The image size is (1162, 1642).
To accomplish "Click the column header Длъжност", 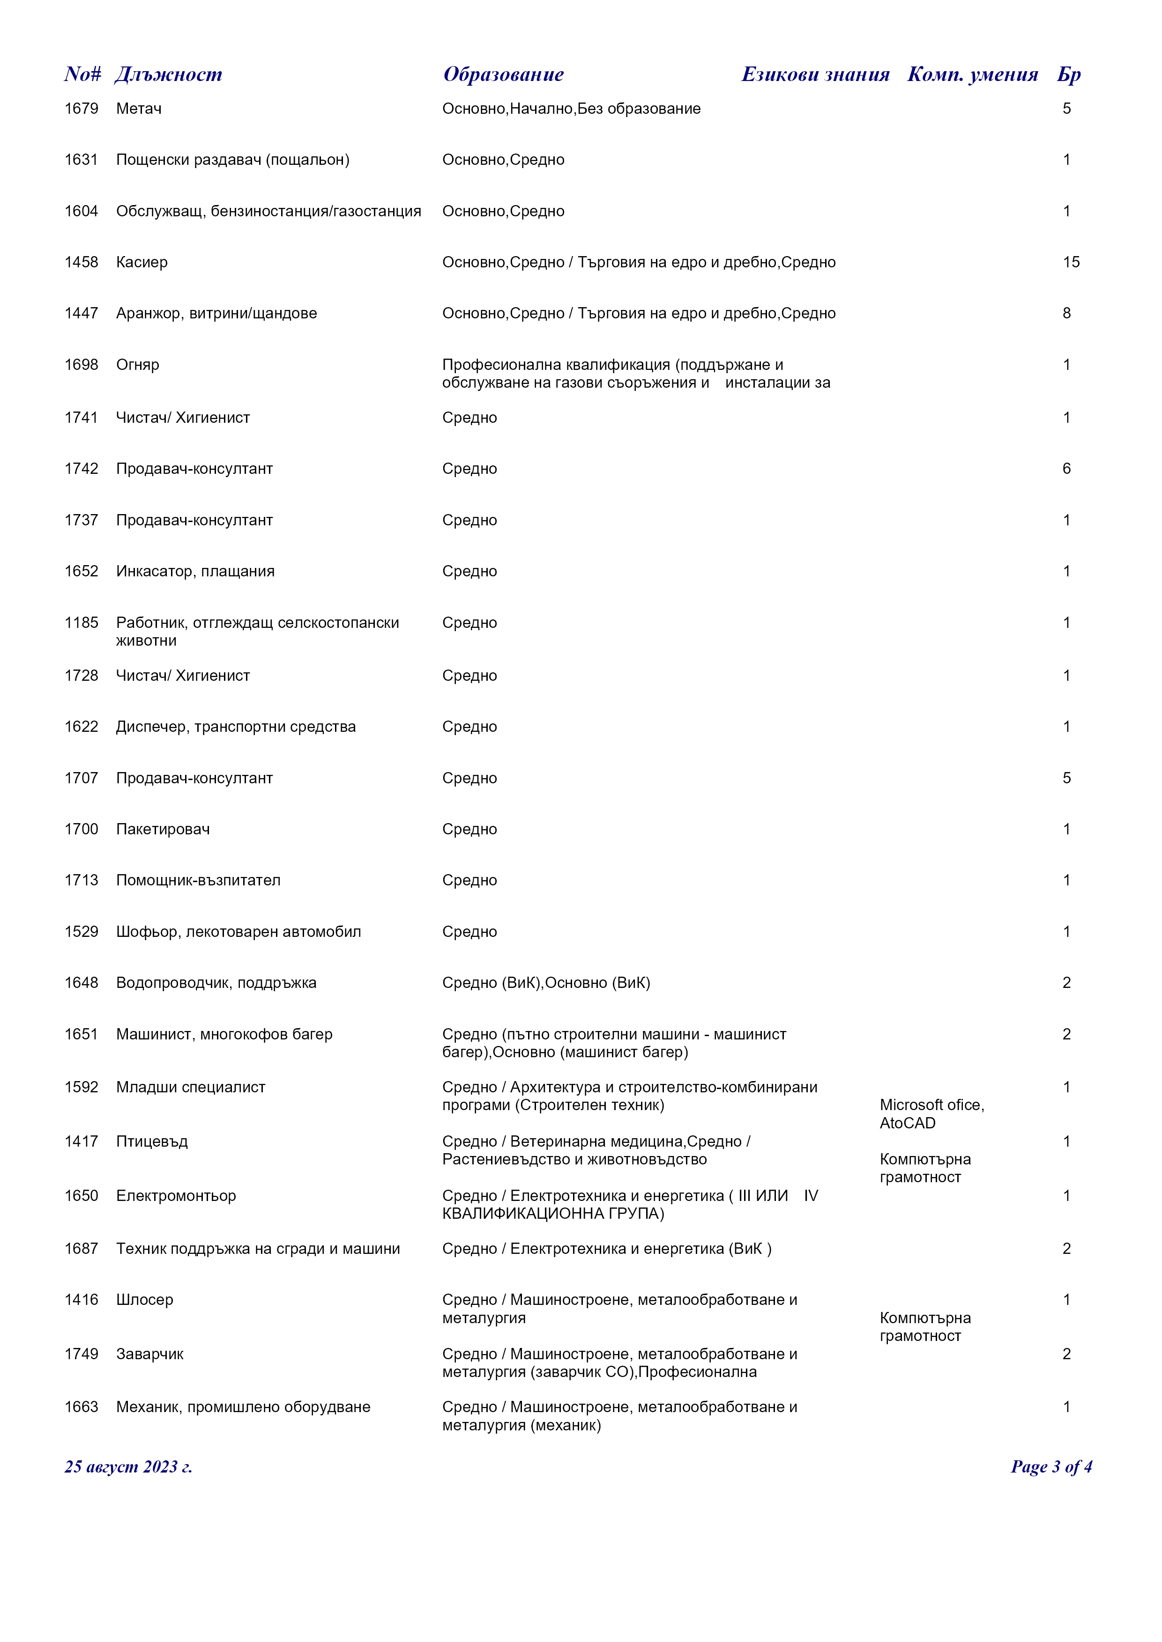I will click(168, 74).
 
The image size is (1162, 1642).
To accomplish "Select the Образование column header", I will click(503, 74).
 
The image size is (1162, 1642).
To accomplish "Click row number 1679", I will click(82, 109).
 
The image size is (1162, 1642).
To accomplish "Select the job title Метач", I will click(139, 109).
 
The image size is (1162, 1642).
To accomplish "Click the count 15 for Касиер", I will click(1071, 263).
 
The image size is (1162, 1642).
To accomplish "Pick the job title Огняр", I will click(137, 365).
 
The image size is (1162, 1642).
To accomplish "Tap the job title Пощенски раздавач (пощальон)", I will click(232, 160).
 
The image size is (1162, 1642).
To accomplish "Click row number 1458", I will click(82, 263).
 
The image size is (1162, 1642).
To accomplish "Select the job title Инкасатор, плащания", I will click(195, 571).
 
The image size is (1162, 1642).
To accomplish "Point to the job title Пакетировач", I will click(163, 830).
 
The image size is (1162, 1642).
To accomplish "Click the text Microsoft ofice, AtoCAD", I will click(931, 1114).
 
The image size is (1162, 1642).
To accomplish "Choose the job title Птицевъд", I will click(152, 1141).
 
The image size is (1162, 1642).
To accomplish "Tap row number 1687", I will click(82, 1249).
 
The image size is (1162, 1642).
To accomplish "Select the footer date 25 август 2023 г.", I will click(128, 1467).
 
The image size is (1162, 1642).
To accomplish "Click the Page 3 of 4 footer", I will click(1050, 1467).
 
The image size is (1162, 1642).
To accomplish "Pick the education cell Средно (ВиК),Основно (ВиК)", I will click(546, 983).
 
